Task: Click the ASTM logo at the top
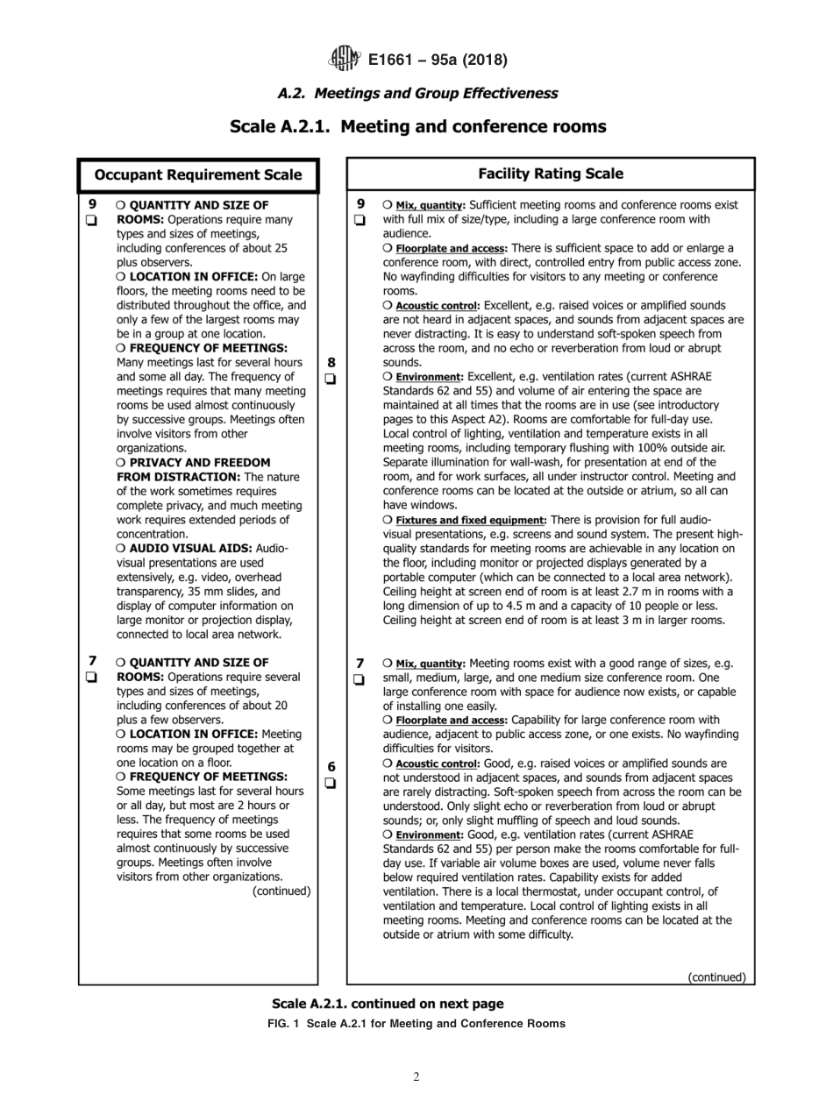pos(344,59)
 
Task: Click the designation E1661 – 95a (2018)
pos(438,60)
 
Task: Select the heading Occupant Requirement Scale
pos(197,174)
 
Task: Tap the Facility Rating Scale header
pos(550,174)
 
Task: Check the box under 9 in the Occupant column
pos(91,221)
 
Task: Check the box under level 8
pos(331,379)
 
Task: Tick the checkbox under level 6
pos(331,784)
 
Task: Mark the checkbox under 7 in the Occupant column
pos(91,678)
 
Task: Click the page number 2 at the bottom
pos(416,1076)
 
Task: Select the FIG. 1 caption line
pos(416,1023)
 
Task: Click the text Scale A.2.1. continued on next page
pos(388,1004)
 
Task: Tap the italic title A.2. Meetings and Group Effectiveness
pos(416,93)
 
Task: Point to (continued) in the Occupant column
pos(281,891)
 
